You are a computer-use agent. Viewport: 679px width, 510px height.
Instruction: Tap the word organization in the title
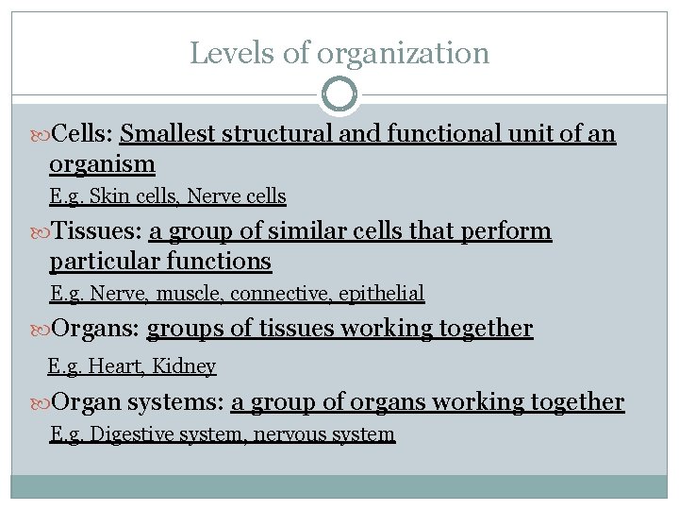coord(403,54)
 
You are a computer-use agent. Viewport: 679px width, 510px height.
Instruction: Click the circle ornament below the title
coord(339,95)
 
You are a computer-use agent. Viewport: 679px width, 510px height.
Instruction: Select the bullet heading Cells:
coord(83,134)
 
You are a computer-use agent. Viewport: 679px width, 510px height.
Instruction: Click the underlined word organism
coord(102,164)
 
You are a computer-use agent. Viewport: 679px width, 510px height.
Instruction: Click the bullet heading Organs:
coord(96,329)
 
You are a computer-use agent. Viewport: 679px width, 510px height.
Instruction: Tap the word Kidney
coord(184,366)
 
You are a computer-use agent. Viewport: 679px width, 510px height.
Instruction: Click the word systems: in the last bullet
coord(175,402)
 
